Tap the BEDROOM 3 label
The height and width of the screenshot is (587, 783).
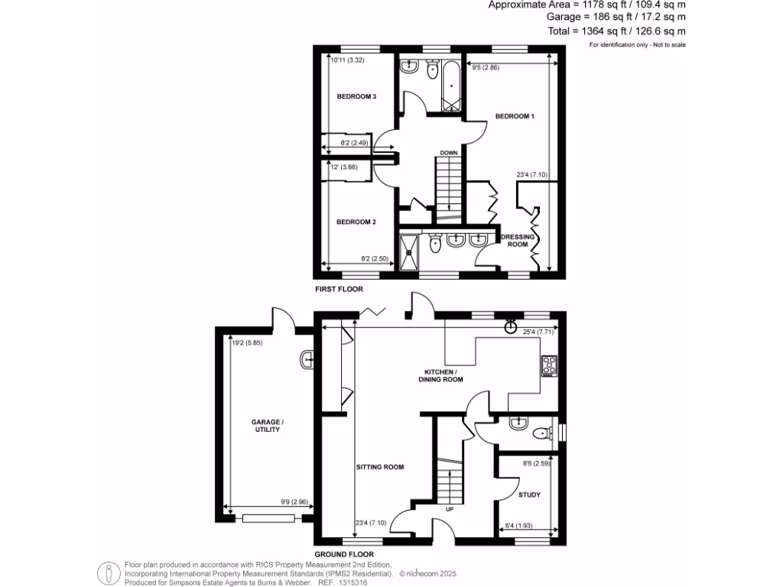(357, 97)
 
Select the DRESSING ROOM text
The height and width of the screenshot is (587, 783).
(518, 241)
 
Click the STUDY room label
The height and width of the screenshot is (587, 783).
(529, 495)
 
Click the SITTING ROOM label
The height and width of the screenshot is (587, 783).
(379, 466)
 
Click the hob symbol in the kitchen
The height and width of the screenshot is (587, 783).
(548, 366)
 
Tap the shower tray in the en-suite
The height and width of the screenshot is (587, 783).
(410, 251)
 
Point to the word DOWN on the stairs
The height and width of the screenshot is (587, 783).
(449, 153)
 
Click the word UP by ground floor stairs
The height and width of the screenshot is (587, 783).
(450, 508)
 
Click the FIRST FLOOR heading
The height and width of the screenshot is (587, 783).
(340, 290)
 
